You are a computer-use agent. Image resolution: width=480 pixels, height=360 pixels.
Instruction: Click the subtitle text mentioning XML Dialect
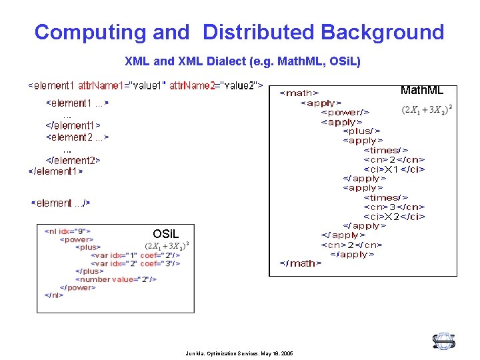(x=243, y=61)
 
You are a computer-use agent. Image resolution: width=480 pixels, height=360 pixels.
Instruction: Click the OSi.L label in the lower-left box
(x=165, y=234)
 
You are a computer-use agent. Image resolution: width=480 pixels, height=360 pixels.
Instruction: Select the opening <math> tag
(x=298, y=93)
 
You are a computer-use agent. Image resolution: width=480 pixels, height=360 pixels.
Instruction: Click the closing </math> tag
(x=300, y=263)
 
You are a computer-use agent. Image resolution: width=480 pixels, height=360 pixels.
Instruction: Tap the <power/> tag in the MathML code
(x=345, y=112)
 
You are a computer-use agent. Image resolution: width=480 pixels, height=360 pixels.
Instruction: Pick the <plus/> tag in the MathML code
(x=362, y=131)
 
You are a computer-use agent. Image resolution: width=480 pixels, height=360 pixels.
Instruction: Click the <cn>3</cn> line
(x=394, y=207)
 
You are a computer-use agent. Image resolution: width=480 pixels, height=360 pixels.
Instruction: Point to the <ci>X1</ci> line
(x=394, y=169)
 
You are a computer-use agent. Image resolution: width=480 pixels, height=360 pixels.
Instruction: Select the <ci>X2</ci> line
(x=394, y=216)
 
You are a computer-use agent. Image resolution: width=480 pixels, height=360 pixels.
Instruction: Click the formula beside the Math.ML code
(x=427, y=109)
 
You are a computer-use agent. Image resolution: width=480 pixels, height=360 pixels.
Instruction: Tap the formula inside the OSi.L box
(x=167, y=246)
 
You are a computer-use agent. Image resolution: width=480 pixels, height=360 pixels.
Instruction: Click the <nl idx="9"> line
(x=67, y=231)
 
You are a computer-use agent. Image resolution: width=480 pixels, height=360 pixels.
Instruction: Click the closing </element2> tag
(x=73, y=160)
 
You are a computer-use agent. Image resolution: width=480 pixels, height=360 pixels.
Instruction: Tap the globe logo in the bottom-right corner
(x=443, y=341)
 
